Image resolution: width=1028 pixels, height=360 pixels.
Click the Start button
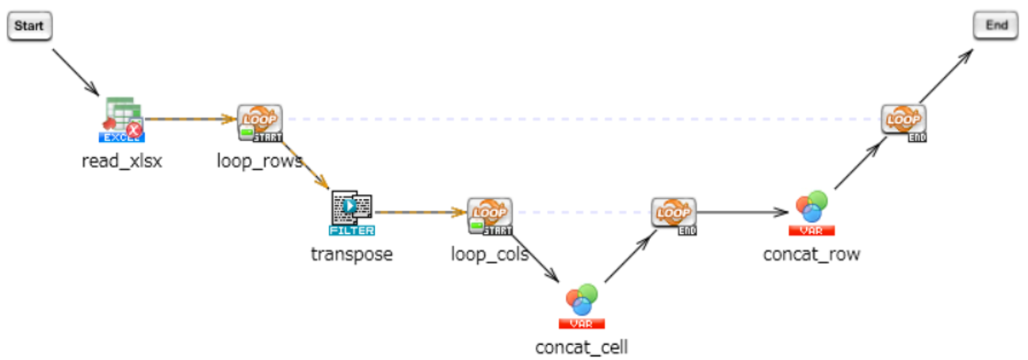click(29, 26)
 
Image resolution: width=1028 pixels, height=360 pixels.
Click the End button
click(996, 25)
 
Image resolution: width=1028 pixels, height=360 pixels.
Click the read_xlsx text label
click(121, 162)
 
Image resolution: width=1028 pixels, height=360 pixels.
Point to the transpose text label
click(351, 255)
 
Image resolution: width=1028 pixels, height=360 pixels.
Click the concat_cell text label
click(582, 347)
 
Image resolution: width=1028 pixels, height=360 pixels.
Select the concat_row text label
click(812, 255)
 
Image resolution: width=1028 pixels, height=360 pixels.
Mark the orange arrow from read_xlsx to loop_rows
click(190, 119)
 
